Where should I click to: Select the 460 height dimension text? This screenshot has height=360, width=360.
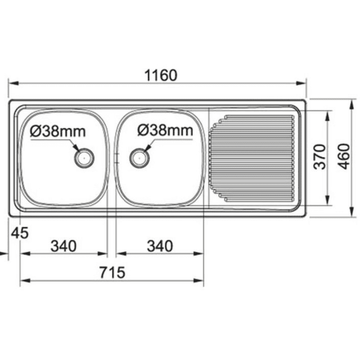[344, 157]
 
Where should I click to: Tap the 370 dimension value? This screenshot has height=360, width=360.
[319, 157]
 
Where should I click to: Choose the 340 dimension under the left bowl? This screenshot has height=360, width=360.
[63, 246]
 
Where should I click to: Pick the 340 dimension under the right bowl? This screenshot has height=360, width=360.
[159, 246]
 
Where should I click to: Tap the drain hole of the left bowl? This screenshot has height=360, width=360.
[84, 157]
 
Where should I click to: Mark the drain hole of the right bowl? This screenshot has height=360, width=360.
[139, 157]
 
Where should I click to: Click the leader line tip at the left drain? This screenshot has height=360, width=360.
[77, 150]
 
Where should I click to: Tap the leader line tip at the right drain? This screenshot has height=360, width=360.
[145, 150]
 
